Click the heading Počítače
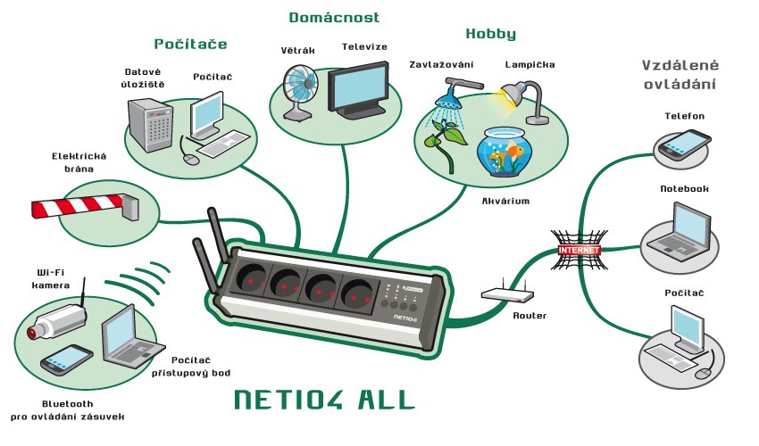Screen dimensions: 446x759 pyautogui.click(x=190, y=44)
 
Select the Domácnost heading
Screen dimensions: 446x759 pyautogui.click(x=334, y=18)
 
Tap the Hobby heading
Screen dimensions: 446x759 pyautogui.click(x=490, y=35)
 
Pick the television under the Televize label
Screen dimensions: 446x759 pyautogui.click(x=358, y=93)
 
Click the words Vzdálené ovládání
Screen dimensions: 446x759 pyautogui.click(x=680, y=75)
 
